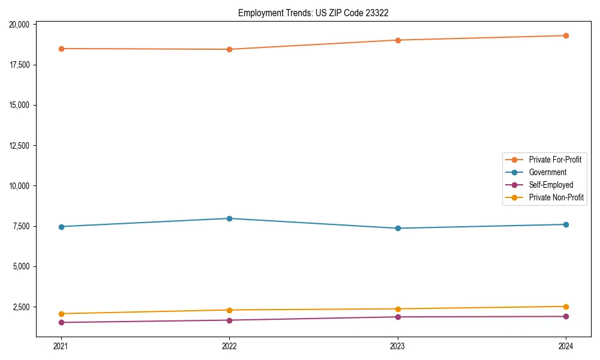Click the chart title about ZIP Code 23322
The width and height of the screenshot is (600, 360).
[313, 13]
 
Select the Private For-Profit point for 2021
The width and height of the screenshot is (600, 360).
[61, 49]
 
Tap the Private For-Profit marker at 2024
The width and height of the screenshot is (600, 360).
[566, 35]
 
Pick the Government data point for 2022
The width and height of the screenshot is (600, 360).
[229, 218]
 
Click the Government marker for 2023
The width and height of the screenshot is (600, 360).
[398, 228]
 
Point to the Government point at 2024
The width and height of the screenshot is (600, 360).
[566, 224]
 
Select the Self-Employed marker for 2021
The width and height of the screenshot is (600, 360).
[61, 322]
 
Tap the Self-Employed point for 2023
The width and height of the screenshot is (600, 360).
[398, 317]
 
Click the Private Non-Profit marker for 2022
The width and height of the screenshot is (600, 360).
[229, 310]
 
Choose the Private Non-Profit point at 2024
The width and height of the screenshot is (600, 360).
[566, 307]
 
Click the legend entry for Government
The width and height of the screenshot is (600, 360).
[547, 172]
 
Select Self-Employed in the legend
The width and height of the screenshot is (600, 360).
[551, 185]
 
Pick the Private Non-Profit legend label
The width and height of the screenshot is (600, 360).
[556, 197]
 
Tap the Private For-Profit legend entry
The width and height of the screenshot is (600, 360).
[555, 160]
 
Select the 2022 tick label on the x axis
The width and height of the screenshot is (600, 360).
[229, 346]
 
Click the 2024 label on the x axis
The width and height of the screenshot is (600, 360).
[566, 346]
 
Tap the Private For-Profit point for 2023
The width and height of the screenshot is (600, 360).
[398, 40]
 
